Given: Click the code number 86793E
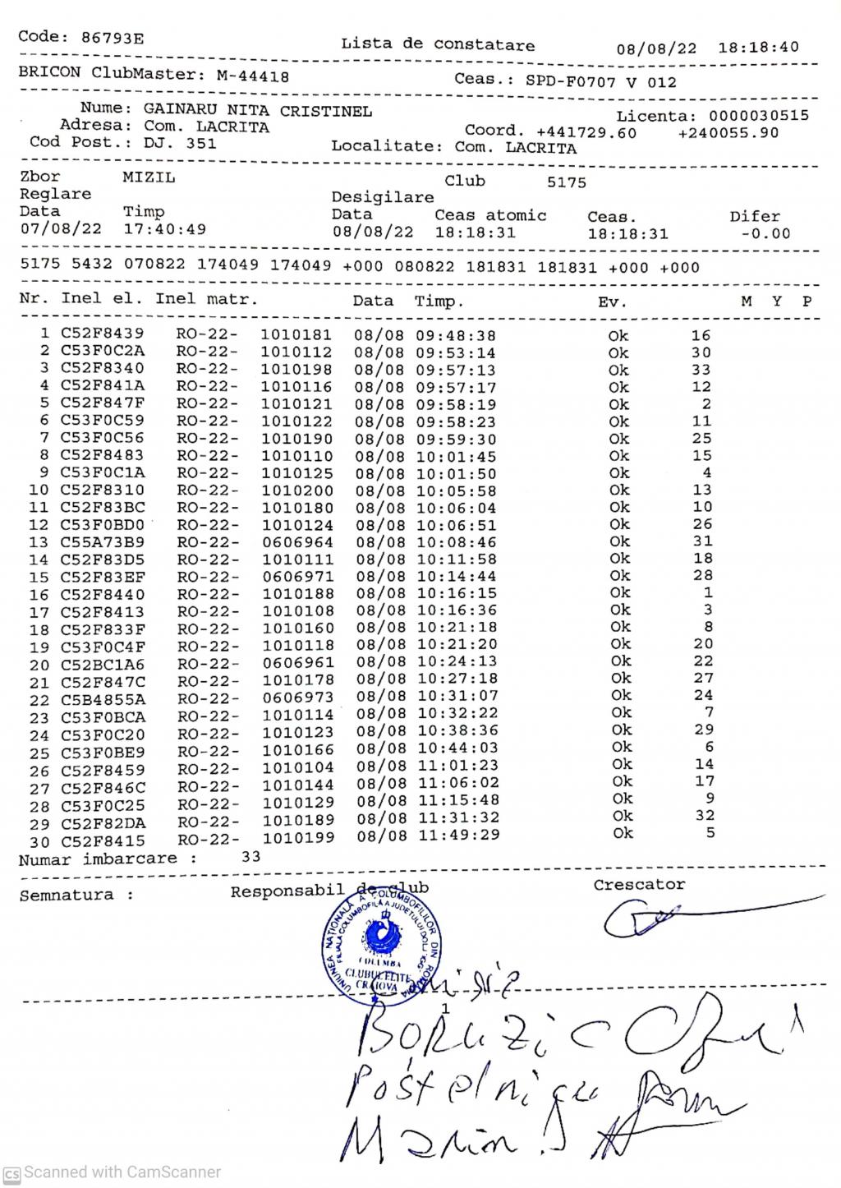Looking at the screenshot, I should point(113,37).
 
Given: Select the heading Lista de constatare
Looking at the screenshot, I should point(438,44).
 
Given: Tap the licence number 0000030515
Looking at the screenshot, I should point(758,116).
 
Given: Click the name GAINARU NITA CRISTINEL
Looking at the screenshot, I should point(258,110).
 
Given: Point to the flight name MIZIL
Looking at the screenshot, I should point(149,177).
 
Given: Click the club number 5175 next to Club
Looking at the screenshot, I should point(567,182).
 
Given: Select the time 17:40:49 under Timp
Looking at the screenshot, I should point(164,229).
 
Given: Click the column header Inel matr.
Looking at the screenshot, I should point(206,299).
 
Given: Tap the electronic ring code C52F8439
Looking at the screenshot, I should point(102,334).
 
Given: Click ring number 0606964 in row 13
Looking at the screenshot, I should point(297,542).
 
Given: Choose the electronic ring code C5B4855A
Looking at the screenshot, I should point(103,699).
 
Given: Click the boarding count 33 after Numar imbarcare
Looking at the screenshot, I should point(250,856).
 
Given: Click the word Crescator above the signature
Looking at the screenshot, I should point(639,885).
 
